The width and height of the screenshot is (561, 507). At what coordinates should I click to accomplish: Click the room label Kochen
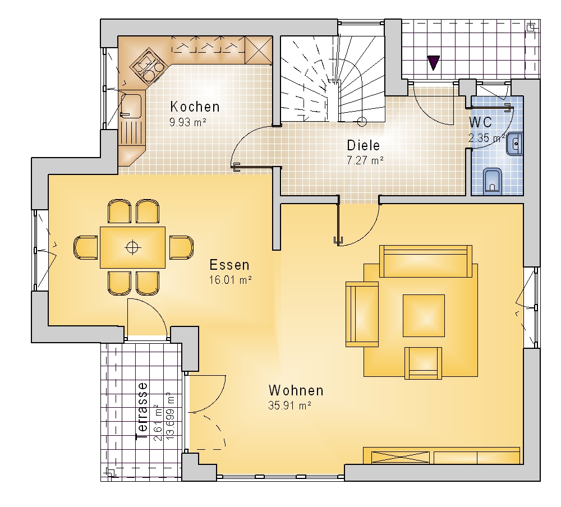tap(195, 107)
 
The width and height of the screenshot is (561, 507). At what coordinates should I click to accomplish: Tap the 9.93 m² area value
tap(188, 122)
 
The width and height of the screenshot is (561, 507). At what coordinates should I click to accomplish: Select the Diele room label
tap(364, 145)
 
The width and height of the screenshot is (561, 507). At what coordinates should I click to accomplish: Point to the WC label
tap(481, 122)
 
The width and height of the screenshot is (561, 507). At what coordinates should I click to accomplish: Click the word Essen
tap(229, 265)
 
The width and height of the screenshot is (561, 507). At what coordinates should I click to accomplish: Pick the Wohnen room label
tap(296, 390)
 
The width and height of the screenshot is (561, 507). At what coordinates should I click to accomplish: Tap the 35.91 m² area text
tap(289, 405)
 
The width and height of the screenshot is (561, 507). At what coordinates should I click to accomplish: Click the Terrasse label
tap(142, 411)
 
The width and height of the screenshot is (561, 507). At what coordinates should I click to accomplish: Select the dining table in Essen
tap(132, 247)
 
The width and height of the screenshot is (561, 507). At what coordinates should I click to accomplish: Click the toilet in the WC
tap(493, 181)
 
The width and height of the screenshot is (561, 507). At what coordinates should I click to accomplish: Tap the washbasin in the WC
tap(515, 144)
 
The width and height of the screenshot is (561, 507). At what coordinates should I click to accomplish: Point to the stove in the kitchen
tap(149, 66)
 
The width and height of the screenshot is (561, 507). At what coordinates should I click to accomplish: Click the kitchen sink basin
tap(131, 106)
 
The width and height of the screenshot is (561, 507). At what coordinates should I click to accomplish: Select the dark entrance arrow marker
tap(433, 63)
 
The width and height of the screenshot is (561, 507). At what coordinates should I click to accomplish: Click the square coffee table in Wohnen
tap(424, 316)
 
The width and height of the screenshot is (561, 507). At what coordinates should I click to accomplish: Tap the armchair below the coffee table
tap(423, 363)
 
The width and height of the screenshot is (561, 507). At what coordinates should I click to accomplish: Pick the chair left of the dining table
tap(86, 247)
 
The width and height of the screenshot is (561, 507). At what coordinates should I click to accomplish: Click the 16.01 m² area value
tap(231, 280)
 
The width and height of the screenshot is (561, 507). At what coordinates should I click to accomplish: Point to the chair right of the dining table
tap(181, 247)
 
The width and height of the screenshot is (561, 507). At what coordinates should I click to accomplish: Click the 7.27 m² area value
tap(365, 160)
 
